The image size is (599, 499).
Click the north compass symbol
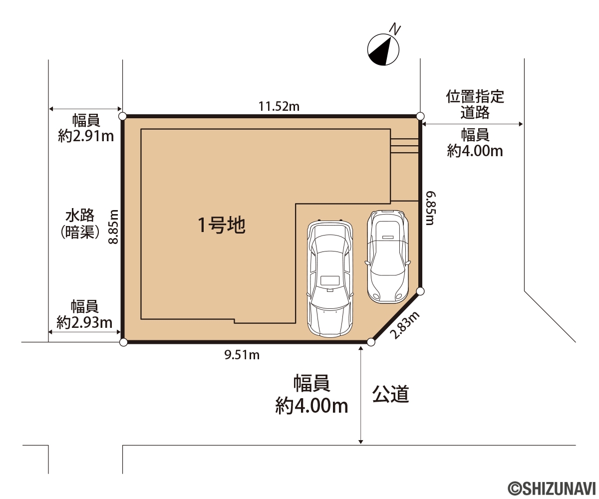(x=383, y=50)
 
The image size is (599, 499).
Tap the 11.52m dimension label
(x=279, y=106)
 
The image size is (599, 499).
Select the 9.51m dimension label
(x=242, y=355)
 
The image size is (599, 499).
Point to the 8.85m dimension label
(x=114, y=227)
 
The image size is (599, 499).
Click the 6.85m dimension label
(x=431, y=208)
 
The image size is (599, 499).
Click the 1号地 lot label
(x=222, y=225)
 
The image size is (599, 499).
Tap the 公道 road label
(x=390, y=394)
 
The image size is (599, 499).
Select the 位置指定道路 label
(x=475, y=104)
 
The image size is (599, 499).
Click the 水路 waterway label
(x=80, y=216)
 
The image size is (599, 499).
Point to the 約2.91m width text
(x=86, y=136)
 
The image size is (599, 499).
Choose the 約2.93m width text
(x=84, y=322)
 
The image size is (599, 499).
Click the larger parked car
(x=330, y=278)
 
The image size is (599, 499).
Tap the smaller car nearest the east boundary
(x=387, y=256)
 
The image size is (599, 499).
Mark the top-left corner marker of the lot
(x=122, y=116)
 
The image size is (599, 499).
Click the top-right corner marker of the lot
(x=420, y=116)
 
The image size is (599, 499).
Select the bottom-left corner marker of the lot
(x=123, y=342)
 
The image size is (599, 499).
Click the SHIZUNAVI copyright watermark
(x=552, y=489)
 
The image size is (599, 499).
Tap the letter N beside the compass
(x=395, y=30)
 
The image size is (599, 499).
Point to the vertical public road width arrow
(x=360, y=395)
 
